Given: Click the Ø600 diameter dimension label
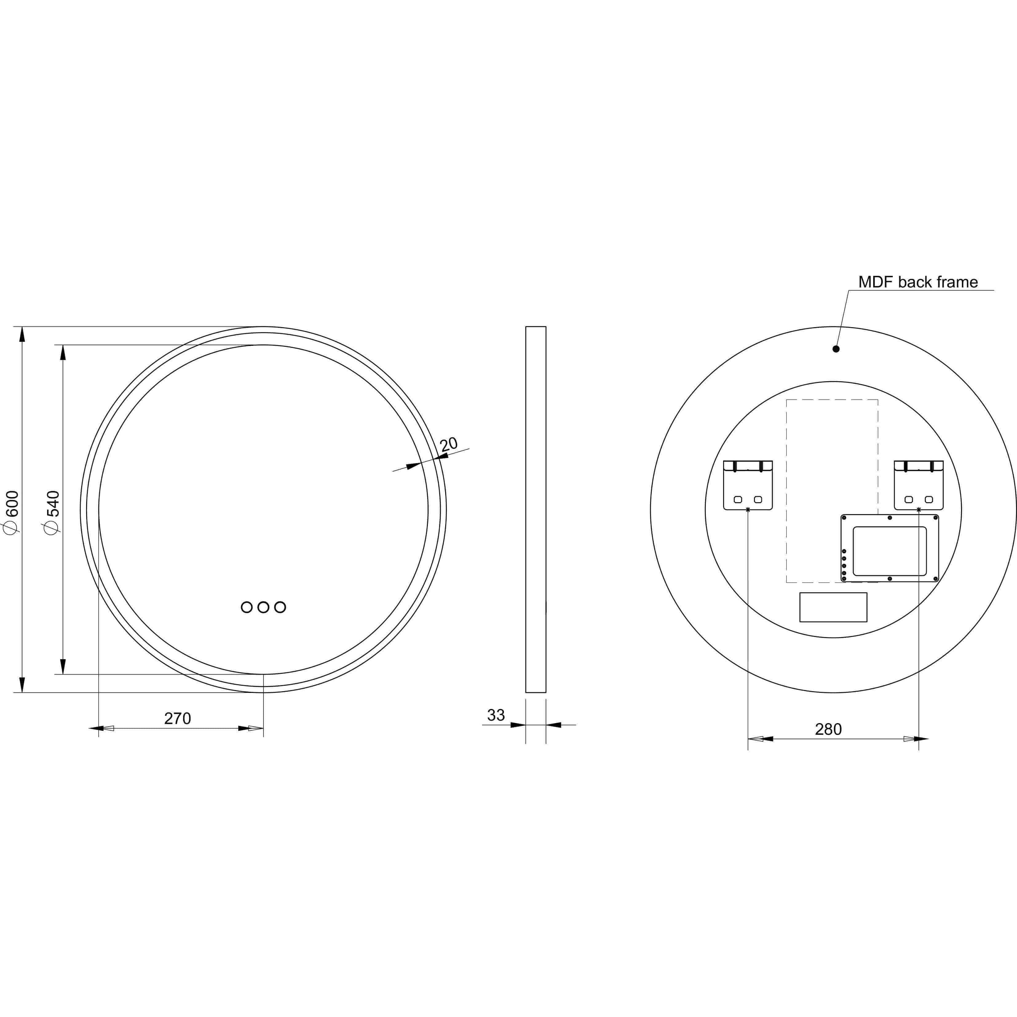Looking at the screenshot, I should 12,512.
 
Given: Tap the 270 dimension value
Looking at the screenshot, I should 177,718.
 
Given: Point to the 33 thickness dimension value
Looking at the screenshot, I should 496,715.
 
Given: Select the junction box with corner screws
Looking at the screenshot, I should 890,548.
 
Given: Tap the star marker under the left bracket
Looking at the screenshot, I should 748,509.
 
